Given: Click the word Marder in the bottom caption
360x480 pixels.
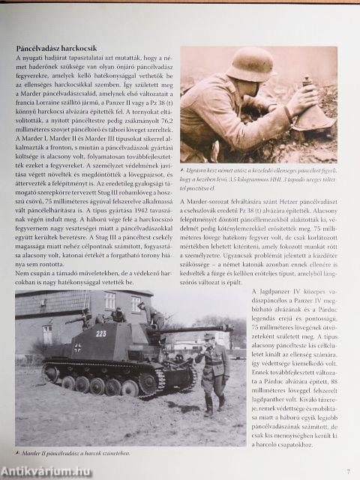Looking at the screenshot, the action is (x=34, y=454).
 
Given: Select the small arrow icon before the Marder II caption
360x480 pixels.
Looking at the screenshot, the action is (x=18, y=454).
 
